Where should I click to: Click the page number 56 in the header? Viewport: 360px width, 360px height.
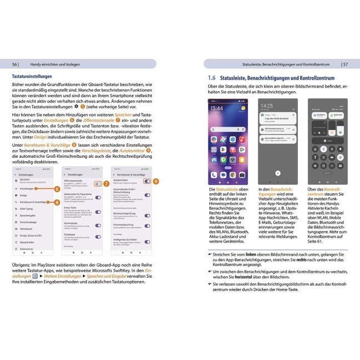15,64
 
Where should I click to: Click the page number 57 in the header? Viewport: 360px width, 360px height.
345,64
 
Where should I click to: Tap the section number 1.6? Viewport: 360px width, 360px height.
212,79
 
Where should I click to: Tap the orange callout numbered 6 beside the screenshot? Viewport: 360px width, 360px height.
57,189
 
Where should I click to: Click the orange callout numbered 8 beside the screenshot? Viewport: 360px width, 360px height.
57,202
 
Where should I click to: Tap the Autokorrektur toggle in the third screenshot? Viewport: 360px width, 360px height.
147,181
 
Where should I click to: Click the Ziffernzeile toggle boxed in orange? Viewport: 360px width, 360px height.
98,183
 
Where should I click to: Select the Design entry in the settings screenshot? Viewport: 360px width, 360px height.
23,196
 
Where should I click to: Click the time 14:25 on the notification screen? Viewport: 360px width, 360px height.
267,106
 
